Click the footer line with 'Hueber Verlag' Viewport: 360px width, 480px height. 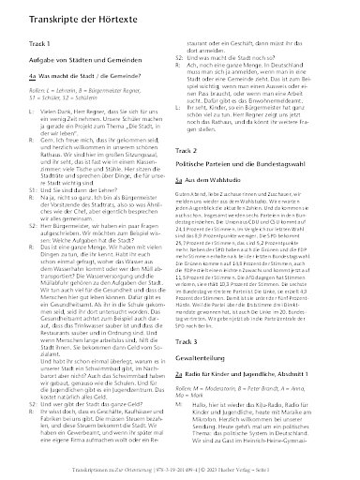[x=179, y=468]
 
